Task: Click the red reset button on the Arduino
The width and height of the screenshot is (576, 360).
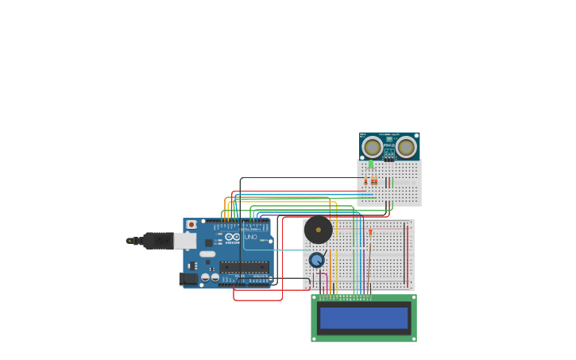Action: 191,225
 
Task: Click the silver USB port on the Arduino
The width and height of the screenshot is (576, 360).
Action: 185,241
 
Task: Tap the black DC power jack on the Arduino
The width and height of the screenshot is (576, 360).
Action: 188,279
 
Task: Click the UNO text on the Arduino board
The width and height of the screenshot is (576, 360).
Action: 249,237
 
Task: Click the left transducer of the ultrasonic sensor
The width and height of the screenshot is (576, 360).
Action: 372,147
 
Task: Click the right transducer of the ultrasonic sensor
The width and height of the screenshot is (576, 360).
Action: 406,147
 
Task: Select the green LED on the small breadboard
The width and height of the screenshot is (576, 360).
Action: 370,165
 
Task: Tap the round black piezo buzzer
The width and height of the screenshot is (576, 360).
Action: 319,230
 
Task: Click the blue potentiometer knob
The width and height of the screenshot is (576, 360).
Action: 316,260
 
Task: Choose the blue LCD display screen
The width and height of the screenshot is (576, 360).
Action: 363,318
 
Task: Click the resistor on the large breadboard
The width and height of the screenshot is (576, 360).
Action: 370,232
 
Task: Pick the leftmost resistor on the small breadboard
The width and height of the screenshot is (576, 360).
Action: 365,181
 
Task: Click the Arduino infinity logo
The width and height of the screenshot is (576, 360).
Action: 232,237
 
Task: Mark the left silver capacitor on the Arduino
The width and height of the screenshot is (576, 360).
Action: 205,277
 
